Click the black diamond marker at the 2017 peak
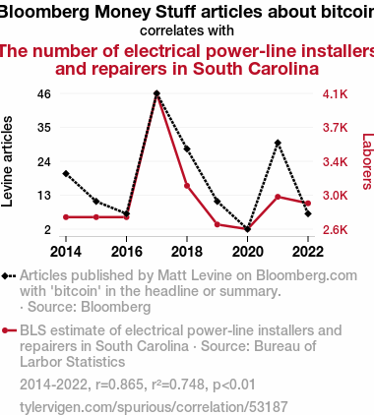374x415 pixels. pyautogui.click(x=156, y=93)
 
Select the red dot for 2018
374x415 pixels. pyautogui.click(x=187, y=186)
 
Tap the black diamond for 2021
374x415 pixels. pyautogui.click(x=278, y=143)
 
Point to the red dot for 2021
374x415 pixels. pyautogui.click(x=278, y=197)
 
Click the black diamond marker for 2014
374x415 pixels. pyautogui.click(x=66, y=174)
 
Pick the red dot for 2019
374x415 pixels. pyautogui.click(x=218, y=224)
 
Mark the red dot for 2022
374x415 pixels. pyautogui.click(x=308, y=204)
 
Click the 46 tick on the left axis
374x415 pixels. pyautogui.click(x=44, y=94)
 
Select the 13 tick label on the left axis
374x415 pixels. pyautogui.click(x=44, y=196)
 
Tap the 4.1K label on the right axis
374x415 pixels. pyautogui.click(x=335, y=94)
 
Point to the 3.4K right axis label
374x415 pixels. pyautogui.click(x=335, y=162)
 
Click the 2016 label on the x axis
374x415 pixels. pyautogui.click(x=127, y=252)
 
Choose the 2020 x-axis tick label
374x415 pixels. pyautogui.click(x=248, y=252)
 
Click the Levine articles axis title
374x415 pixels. pyautogui.click(x=7, y=161)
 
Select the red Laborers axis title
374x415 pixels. pyautogui.click(x=368, y=161)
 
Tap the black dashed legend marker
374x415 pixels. pyautogui.click(x=9, y=276)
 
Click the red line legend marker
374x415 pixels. pyautogui.click(x=9, y=330)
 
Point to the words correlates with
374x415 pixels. pyautogui.click(x=187, y=30)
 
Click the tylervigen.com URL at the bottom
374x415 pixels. pyautogui.click(x=154, y=407)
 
